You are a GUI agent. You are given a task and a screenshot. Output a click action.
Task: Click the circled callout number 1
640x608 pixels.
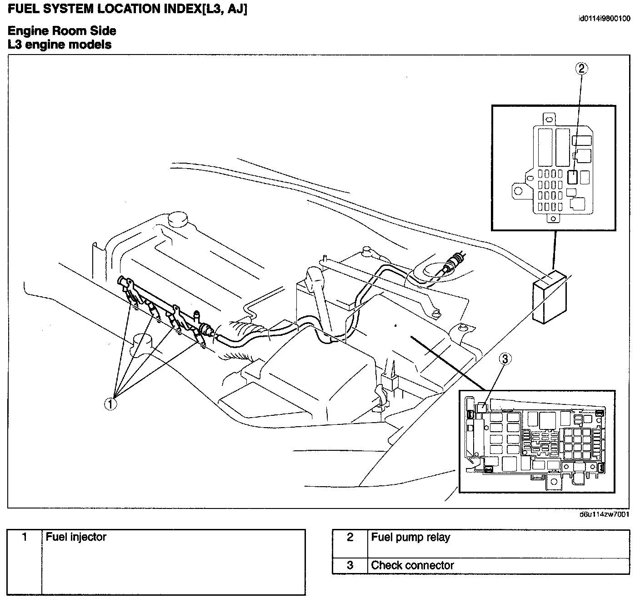point(110,404)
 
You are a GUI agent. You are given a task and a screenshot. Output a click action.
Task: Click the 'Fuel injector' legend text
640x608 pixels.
point(76,537)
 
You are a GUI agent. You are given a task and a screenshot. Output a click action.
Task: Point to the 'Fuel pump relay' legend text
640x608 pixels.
point(410,538)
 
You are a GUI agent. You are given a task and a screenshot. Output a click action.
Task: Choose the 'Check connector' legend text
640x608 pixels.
point(412,566)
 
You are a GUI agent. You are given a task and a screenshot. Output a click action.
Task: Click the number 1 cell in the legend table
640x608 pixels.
point(25,538)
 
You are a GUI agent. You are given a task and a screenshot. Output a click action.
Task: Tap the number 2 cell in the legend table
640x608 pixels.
point(350,538)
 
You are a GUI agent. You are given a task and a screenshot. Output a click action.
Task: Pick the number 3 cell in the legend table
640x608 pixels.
point(350,566)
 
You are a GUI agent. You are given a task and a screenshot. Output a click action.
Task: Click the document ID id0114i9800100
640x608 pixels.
point(604,19)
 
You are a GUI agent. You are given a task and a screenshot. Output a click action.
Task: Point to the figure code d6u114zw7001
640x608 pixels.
point(605,515)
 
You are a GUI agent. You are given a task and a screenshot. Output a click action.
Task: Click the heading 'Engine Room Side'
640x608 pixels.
point(62,31)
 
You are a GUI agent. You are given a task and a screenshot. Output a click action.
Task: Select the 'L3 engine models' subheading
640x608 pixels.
point(60,45)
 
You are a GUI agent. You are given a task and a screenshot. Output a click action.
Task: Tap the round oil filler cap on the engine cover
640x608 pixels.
point(178,219)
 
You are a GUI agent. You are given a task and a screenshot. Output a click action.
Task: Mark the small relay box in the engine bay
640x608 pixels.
point(550,298)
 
